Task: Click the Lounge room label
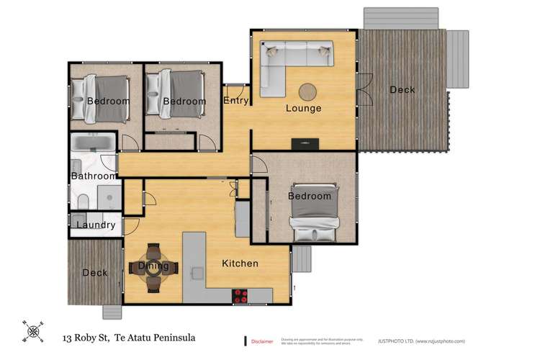[303, 109]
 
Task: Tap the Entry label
[236, 101]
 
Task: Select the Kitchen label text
[240, 264]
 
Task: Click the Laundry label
[96, 225]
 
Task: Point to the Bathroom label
[93, 176]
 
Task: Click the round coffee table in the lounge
[309, 91]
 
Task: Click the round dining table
[153, 266]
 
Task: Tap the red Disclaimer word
[262, 341]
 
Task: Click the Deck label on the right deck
[402, 90]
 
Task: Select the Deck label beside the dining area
[94, 273]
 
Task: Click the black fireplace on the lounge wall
[300, 143]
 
